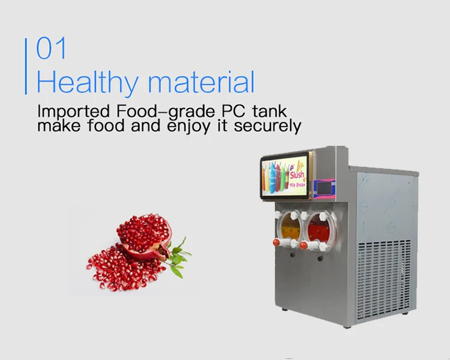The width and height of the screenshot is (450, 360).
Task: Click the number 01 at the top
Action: (52, 49)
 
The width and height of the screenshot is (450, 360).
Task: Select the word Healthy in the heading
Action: (87, 82)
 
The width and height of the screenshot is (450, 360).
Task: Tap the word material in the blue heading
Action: (200, 82)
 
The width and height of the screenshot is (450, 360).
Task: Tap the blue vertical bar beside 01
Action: (26, 66)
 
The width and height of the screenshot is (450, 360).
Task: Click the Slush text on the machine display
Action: (297, 175)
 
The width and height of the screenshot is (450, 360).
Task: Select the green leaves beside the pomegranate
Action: (179, 256)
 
